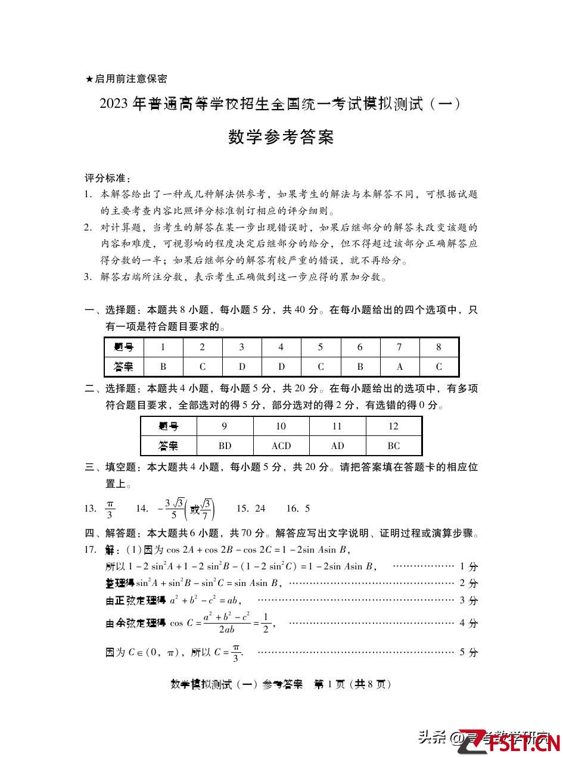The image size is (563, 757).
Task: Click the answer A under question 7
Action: coord(399,366)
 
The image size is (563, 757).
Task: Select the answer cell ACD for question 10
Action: coord(281,446)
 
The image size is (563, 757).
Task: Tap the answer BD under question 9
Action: coord(225,446)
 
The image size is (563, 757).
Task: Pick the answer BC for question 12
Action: coord(393,446)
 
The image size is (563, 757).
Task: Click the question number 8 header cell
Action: coord(438,347)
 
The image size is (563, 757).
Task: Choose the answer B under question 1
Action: coord(163,366)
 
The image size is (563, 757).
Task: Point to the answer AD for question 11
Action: coord(337,446)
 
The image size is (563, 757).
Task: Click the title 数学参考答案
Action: coord(281,138)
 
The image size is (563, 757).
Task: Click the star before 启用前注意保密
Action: coord(89,79)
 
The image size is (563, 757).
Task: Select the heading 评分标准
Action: coord(107,178)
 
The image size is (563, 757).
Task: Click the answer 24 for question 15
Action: coord(259,508)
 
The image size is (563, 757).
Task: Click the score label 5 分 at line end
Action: coord(469,652)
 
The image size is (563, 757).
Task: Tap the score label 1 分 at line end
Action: coord(469,566)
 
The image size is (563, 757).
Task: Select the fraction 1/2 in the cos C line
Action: coord(266,623)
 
